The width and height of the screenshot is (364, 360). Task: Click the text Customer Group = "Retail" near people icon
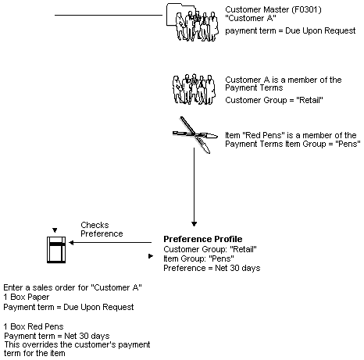[x=265, y=100]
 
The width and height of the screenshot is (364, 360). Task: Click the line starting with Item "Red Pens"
[x=291, y=135]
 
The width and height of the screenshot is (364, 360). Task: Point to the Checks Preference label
[x=101, y=229]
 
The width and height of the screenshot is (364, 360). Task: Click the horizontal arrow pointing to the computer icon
[x=109, y=243]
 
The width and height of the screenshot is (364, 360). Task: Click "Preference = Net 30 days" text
[x=211, y=268]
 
